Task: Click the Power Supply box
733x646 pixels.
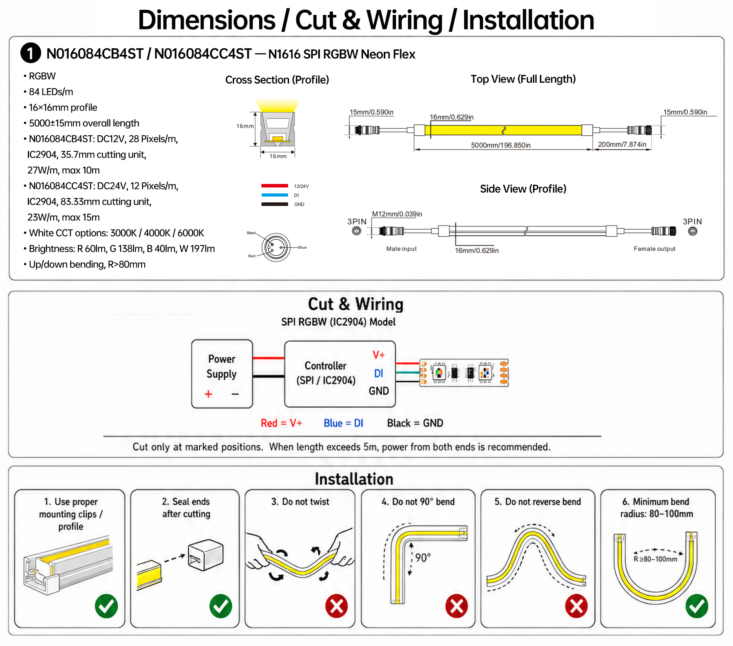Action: pyautogui.click(x=222, y=374)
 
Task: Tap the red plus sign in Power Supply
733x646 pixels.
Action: pyautogui.click(x=209, y=394)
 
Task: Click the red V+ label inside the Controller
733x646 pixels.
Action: pyautogui.click(x=378, y=355)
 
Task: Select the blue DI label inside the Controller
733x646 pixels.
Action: pyautogui.click(x=378, y=373)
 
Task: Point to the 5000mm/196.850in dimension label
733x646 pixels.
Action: pyautogui.click(x=501, y=145)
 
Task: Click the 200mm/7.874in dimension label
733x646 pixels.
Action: pyautogui.click(x=622, y=144)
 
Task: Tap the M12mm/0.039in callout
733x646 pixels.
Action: pyautogui.click(x=397, y=214)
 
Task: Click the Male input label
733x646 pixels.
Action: pyautogui.click(x=401, y=249)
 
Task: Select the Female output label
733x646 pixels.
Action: pyautogui.click(x=655, y=249)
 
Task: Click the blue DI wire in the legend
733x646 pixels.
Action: pyautogui.click(x=275, y=195)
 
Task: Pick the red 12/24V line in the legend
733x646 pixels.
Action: pyautogui.click(x=275, y=186)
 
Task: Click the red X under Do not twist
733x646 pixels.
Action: pyautogui.click(x=336, y=606)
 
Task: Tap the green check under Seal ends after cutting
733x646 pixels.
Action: pyautogui.click(x=221, y=606)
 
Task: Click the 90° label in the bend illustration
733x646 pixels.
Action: pyautogui.click(x=423, y=558)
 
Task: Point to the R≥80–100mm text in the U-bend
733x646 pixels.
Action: pyautogui.click(x=655, y=559)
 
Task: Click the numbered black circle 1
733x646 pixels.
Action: pyautogui.click(x=31, y=53)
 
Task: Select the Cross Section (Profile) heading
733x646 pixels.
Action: pyautogui.click(x=277, y=80)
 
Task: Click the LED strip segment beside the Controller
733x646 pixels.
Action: pyautogui.click(x=464, y=373)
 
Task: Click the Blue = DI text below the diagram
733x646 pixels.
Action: pyautogui.click(x=343, y=423)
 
